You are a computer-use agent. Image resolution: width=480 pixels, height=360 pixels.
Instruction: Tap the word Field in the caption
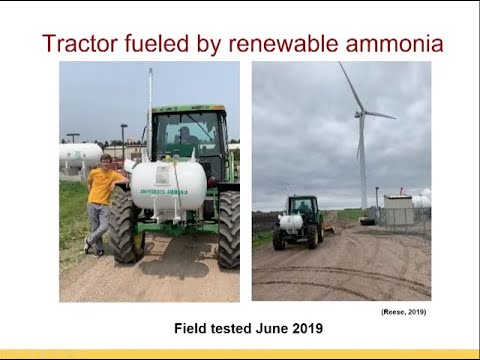click(x=191, y=327)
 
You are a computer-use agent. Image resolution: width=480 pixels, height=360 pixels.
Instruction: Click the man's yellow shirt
click(x=103, y=185)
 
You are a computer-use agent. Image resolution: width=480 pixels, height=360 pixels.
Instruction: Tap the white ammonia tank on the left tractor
click(x=168, y=185)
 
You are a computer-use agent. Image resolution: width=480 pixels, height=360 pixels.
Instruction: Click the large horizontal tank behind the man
click(x=80, y=155)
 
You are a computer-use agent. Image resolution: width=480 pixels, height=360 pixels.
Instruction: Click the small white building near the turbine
click(x=398, y=209)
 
